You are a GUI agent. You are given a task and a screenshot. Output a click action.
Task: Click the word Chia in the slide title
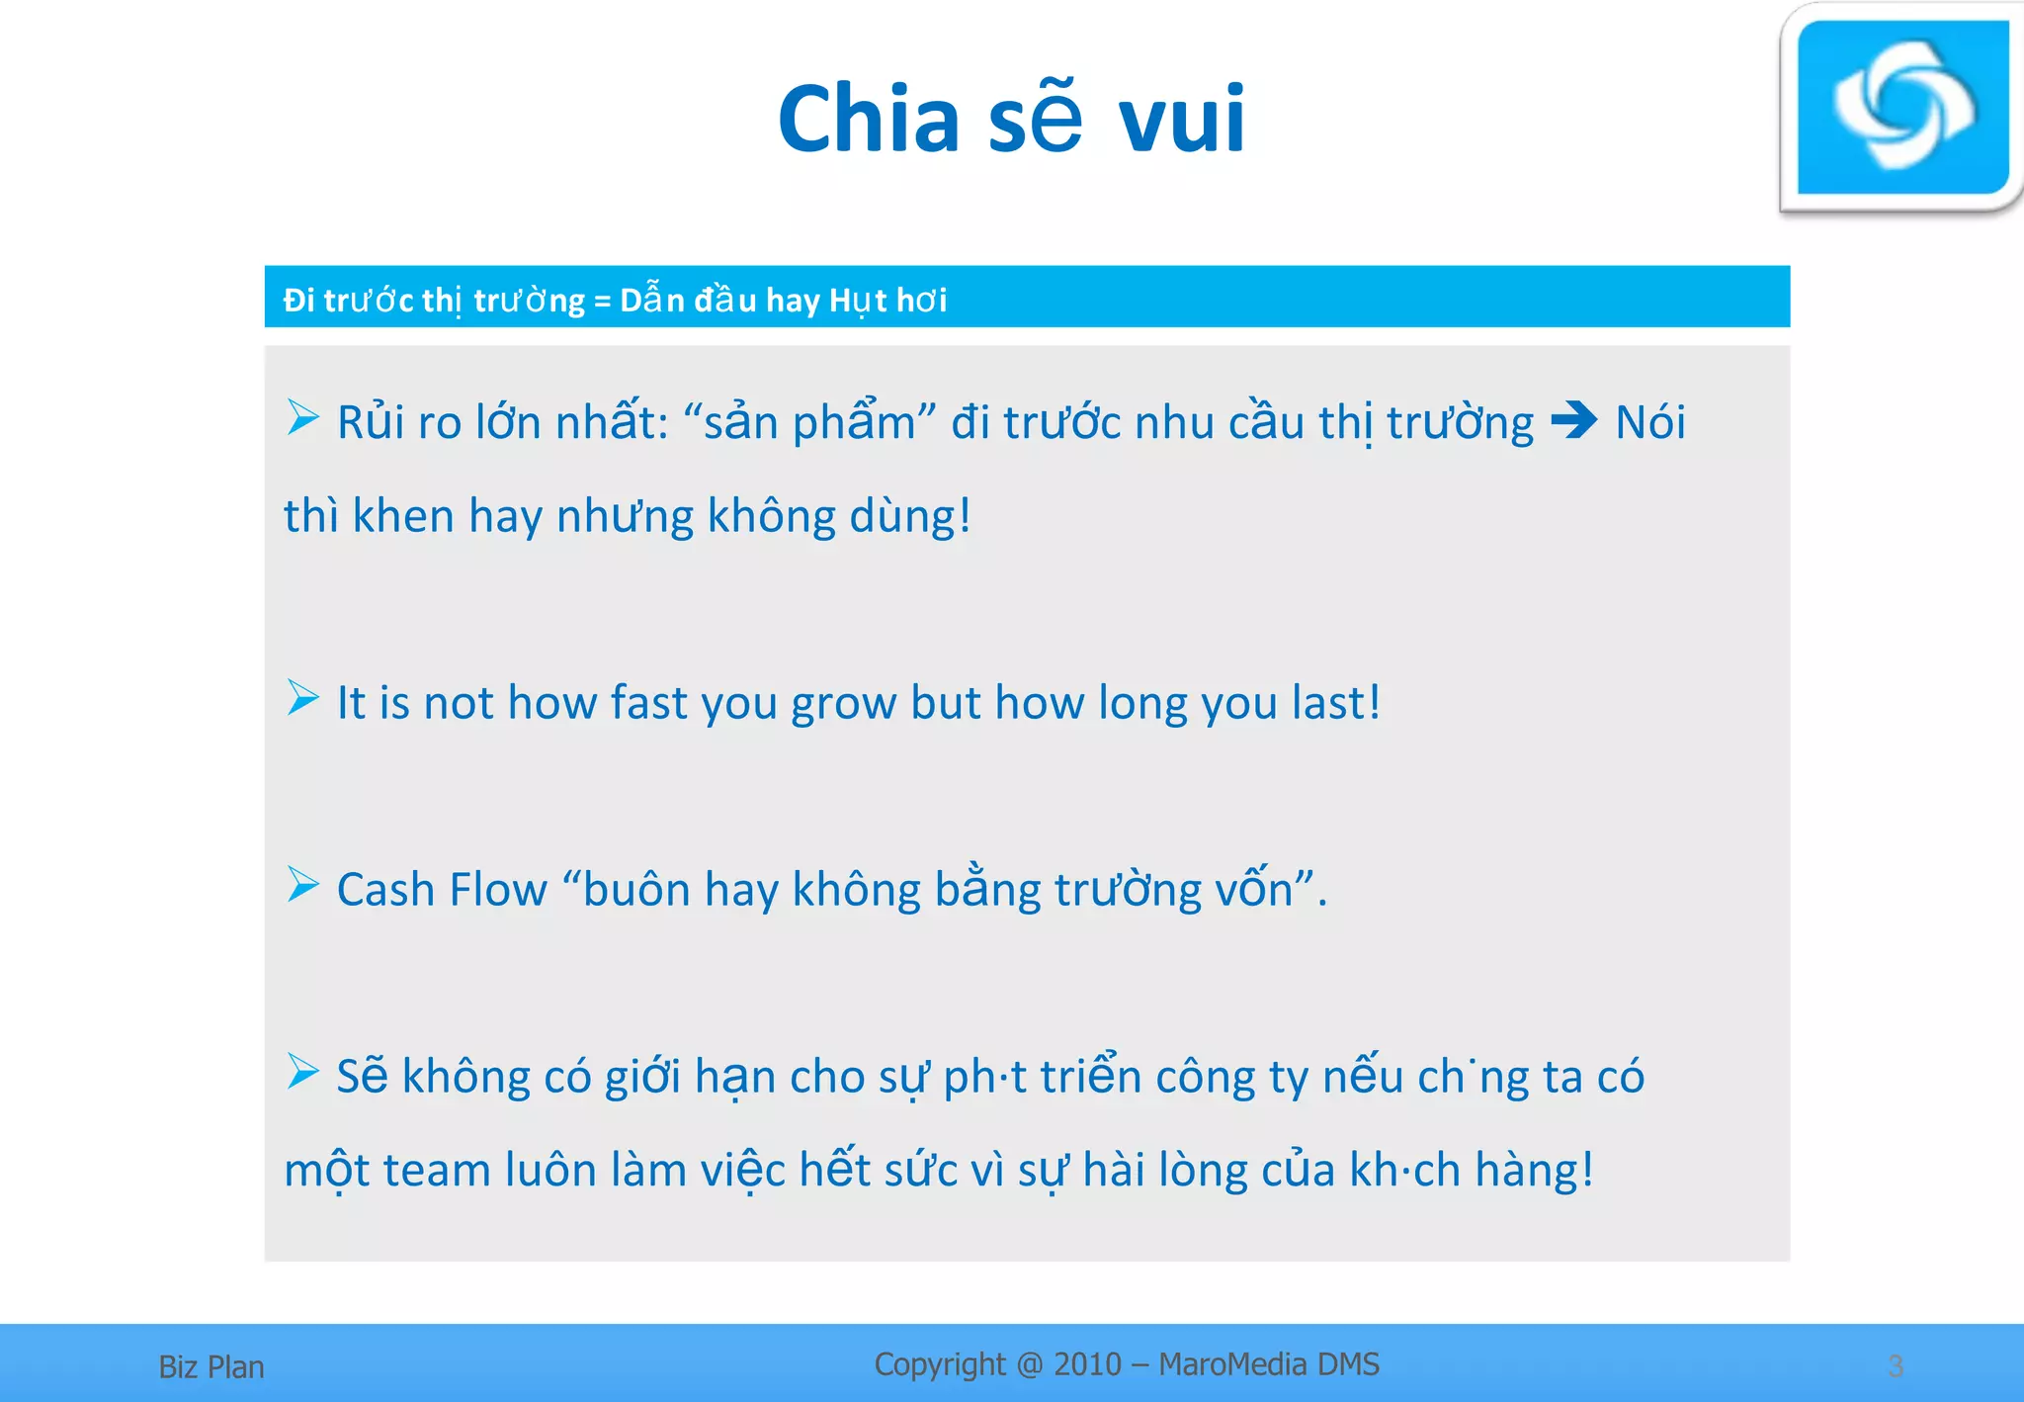(868, 119)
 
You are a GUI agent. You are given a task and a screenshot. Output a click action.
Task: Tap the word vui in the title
(1182, 119)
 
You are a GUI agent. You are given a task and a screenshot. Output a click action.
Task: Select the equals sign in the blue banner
(602, 300)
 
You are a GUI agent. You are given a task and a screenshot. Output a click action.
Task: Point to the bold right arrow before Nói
(1574, 421)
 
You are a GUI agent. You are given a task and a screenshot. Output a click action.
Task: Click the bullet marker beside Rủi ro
(302, 417)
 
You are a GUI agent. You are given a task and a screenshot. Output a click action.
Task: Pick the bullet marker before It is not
(302, 698)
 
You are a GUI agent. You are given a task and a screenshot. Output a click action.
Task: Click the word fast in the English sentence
(647, 703)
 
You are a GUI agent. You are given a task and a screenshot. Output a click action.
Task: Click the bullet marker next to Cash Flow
(302, 885)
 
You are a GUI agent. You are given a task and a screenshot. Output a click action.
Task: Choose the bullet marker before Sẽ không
(302, 1071)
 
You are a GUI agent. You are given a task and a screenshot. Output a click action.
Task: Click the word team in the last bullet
(437, 1171)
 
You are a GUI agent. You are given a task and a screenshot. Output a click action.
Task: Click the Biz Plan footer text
(211, 1366)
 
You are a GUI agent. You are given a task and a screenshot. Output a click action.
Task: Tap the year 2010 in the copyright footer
(1087, 1364)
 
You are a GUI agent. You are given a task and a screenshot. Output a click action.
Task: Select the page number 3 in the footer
(1896, 1366)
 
